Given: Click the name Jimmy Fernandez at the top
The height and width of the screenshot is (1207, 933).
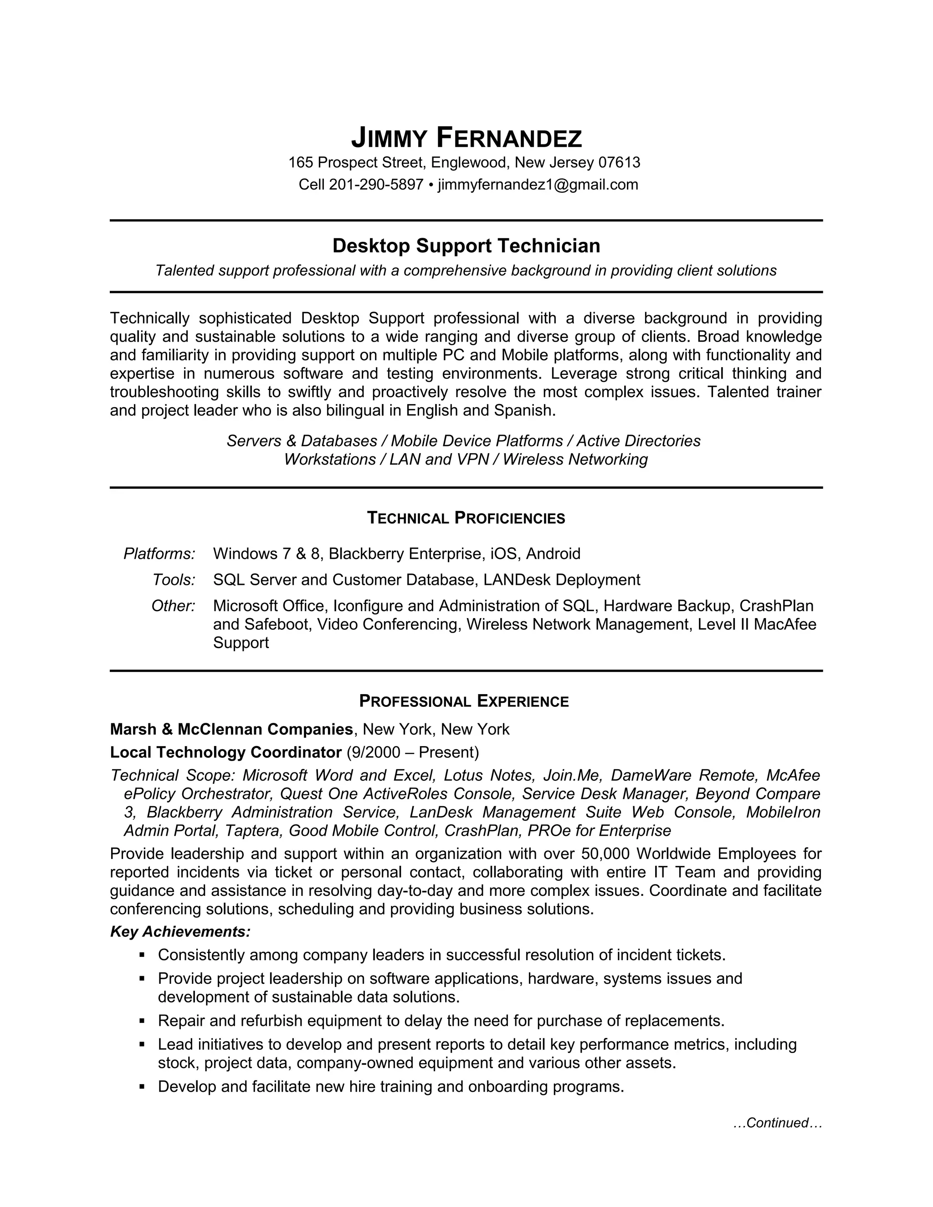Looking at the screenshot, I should (466, 138).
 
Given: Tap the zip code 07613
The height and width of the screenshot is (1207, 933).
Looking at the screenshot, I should (619, 163).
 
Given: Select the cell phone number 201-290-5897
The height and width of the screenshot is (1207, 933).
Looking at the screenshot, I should (376, 184).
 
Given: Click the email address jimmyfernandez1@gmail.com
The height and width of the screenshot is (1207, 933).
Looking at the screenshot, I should (537, 184).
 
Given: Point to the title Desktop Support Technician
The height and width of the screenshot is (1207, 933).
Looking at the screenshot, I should (466, 245).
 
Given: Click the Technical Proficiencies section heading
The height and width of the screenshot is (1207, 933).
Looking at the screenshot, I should (466, 518).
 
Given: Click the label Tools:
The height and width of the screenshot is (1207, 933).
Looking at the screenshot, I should (174, 580).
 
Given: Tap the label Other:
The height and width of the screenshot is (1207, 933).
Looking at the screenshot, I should (173, 606).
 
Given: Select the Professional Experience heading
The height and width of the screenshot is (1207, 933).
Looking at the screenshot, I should (464, 701).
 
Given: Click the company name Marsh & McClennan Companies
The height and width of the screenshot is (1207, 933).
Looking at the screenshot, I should (231, 730).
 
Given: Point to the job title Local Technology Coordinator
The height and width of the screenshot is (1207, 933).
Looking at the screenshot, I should (226, 752).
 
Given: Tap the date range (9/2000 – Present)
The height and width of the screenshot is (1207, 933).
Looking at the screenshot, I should (412, 752).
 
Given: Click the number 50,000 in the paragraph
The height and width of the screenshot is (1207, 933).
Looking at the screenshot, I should (605, 854).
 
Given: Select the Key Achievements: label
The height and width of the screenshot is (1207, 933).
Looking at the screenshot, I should (180, 932).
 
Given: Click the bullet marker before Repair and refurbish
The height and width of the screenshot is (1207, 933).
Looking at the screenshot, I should (142, 1020).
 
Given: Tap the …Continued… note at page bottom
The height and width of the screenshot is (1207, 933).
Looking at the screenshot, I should (778, 1123).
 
